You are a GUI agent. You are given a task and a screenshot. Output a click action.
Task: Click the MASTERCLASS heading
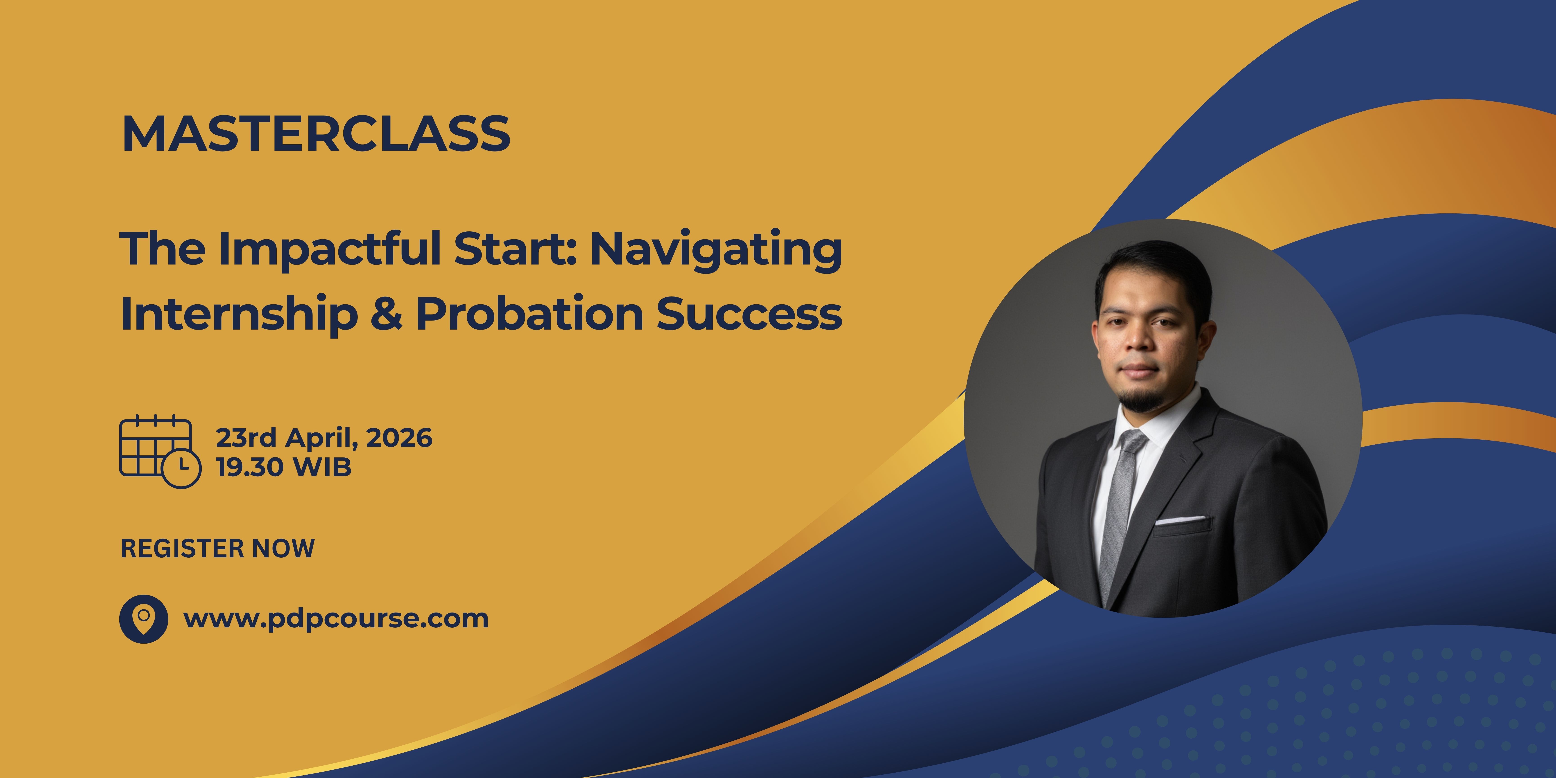pyautogui.click(x=316, y=133)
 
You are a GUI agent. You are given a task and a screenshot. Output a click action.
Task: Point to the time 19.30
pyautogui.click(x=249, y=467)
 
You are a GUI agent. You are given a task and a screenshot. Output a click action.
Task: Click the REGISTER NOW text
pyautogui.click(x=217, y=548)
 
